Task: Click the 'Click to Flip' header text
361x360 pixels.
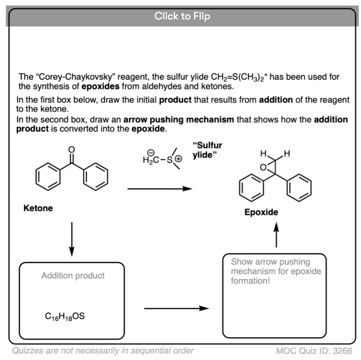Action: (x=182, y=16)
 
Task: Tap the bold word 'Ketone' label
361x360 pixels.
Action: (x=38, y=208)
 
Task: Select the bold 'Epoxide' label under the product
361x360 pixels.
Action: (x=261, y=212)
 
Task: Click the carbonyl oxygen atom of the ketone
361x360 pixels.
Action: (x=72, y=150)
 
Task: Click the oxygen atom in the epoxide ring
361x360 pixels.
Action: (x=263, y=168)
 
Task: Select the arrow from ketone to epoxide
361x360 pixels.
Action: (x=160, y=188)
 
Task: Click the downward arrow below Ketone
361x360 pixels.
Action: (x=72, y=239)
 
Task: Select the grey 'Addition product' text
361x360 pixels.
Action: (x=73, y=276)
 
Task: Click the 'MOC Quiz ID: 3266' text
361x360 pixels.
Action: (x=314, y=350)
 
